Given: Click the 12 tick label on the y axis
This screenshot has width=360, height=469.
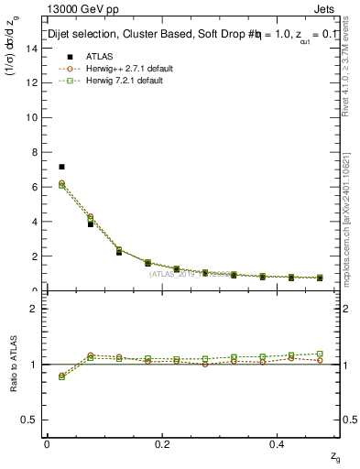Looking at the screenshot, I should pos(34,82).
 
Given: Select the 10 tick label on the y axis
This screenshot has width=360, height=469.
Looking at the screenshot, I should pos(34,117).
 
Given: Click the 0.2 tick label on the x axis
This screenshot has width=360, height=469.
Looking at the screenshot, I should pos(163,443).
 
